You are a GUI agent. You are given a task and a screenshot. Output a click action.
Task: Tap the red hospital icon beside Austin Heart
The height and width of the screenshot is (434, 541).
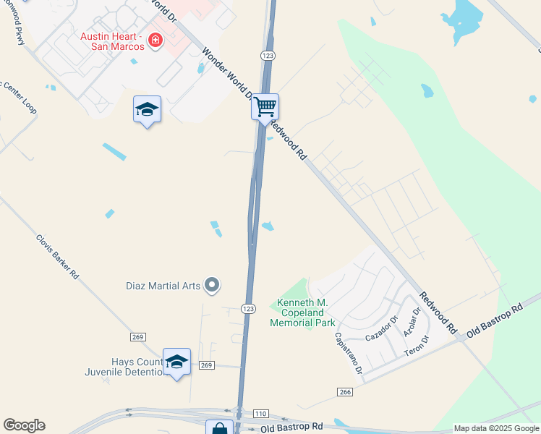coord(154,41)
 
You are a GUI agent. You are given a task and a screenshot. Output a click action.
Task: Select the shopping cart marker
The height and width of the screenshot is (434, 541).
coord(265,106)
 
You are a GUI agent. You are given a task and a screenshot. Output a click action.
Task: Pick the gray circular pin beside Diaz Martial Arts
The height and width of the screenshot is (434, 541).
coord(212,286)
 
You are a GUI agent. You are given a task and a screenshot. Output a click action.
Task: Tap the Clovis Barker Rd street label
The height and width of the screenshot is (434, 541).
coord(57,256)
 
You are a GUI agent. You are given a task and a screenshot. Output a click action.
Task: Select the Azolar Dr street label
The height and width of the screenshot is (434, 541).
coord(412,323)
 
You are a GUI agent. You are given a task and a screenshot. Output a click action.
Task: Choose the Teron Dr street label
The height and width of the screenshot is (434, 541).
coord(417,345)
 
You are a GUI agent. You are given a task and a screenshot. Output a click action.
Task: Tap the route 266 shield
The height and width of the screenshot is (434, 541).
coord(344,391)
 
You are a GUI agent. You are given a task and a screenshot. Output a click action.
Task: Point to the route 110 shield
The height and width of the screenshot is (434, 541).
coord(261,414)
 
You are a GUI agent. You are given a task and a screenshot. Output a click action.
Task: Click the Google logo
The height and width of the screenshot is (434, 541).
coord(24,425)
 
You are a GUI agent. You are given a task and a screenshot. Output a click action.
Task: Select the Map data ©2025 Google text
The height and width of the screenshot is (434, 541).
coord(495,428)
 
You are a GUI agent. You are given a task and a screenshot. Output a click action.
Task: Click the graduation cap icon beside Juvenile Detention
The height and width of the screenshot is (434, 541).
coord(176,361)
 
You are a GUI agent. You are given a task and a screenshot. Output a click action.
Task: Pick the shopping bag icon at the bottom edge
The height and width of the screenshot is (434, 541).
coord(219,427)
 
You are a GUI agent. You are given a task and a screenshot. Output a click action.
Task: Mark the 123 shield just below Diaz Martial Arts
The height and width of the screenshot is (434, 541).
coord(248,308)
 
